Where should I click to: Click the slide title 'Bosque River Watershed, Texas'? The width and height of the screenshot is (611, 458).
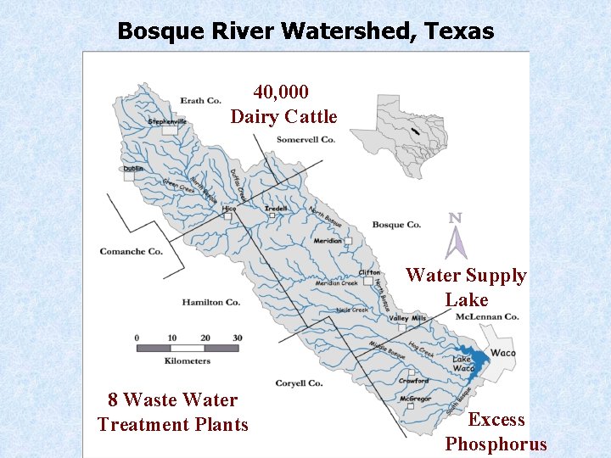(305, 31)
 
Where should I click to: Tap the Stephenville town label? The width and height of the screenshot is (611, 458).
(167, 121)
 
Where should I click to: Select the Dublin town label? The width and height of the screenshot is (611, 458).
(133, 168)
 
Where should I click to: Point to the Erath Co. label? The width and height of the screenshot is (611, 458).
(201, 100)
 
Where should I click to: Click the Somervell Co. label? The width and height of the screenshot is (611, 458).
(305, 139)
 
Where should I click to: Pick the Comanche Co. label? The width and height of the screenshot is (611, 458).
(131, 251)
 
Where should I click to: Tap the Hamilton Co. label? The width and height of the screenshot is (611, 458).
(210, 302)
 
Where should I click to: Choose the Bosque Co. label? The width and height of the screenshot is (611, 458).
(396, 225)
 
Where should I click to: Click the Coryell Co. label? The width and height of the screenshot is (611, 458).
(299, 383)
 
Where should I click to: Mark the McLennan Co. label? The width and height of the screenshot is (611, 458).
(487, 316)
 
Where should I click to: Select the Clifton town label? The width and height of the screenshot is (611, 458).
(369, 272)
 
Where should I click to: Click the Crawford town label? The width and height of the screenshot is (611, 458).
(413, 381)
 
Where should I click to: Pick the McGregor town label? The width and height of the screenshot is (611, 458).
(416, 398)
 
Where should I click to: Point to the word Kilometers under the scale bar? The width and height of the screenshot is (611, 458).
(188, 361)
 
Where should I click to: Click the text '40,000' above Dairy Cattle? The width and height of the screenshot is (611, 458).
(281, 92)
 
